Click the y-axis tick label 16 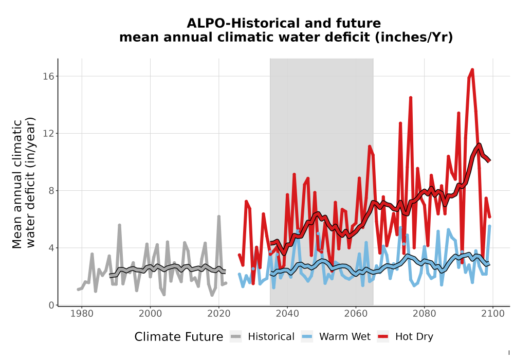pos(48,77)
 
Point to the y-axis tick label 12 pos(48,133)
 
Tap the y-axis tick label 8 pos(51,190)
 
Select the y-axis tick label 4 pos(51,248)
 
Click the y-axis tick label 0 pos(51,305)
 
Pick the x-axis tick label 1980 pos(82,314)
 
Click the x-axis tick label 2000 pos(150,314)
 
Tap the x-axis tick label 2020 pos(218,314)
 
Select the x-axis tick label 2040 pos(287,314)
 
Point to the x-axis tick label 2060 pos(356,314)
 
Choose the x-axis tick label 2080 pos(424,314)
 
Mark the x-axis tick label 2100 pos(493,314)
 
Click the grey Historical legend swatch pos(235,337)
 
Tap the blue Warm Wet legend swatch pos(307,337)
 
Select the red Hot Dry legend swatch pos(383,337)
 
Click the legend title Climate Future pos(179,337)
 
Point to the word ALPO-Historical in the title pos(242,23)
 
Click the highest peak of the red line pos(472,69)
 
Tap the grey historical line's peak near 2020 pos(218,217)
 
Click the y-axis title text pos(24,183)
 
